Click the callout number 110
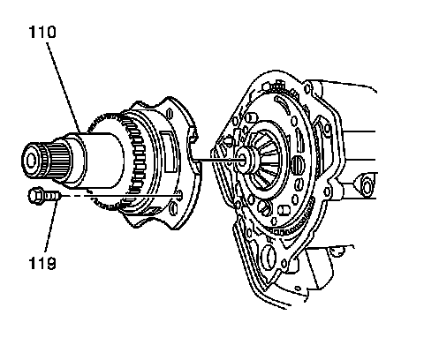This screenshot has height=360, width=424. [x=42, y=32]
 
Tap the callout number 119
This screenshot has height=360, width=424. [x=42, y=263]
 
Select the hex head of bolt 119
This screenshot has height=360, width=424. [x=36, y=196]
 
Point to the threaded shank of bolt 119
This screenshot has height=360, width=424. [x=52, y=196]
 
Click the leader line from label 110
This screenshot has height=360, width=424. [x=64, y=87]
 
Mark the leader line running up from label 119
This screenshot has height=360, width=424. [x=50, y=226]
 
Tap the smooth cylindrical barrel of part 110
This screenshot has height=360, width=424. [x=103, y=161]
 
